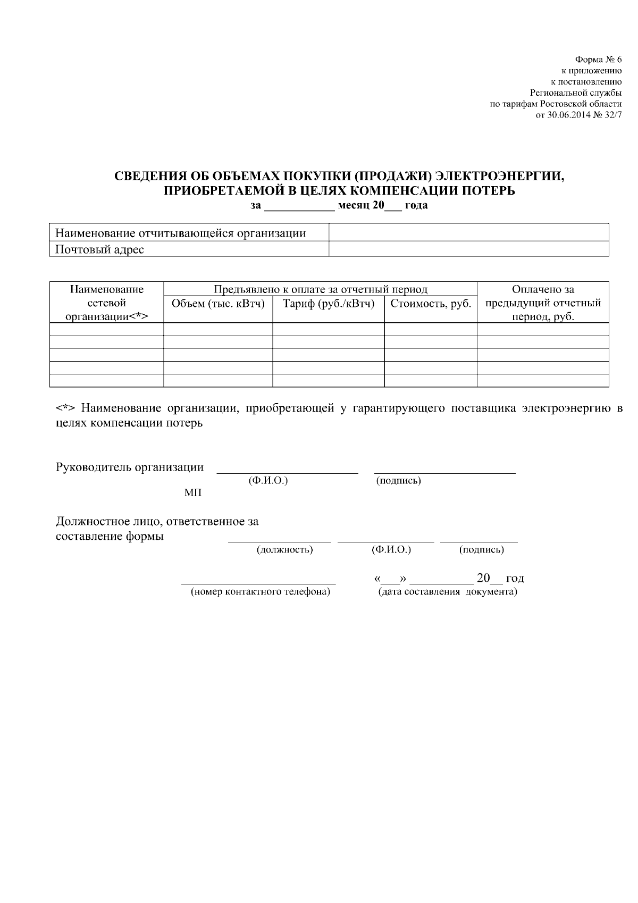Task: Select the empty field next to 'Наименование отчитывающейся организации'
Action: coord(468,233)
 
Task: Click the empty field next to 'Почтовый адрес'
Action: coord(468,249)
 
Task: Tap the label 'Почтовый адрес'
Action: coord(100,249)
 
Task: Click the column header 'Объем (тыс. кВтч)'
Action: coord(218,304)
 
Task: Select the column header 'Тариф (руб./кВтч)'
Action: coord(329,304)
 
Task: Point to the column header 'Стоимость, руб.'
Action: coord(431,304)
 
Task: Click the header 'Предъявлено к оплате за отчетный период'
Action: coord(320,289)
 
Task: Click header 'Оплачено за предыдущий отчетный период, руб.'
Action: coord(543,303)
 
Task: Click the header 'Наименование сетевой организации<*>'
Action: coord(106,303)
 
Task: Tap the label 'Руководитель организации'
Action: coord(130,467)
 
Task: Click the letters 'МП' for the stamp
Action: coord(193,493)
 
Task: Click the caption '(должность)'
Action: coord(284,549)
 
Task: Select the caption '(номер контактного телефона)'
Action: coord(261,592)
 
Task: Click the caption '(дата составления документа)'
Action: coord(447,592)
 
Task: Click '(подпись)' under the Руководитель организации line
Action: coord(398,481)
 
